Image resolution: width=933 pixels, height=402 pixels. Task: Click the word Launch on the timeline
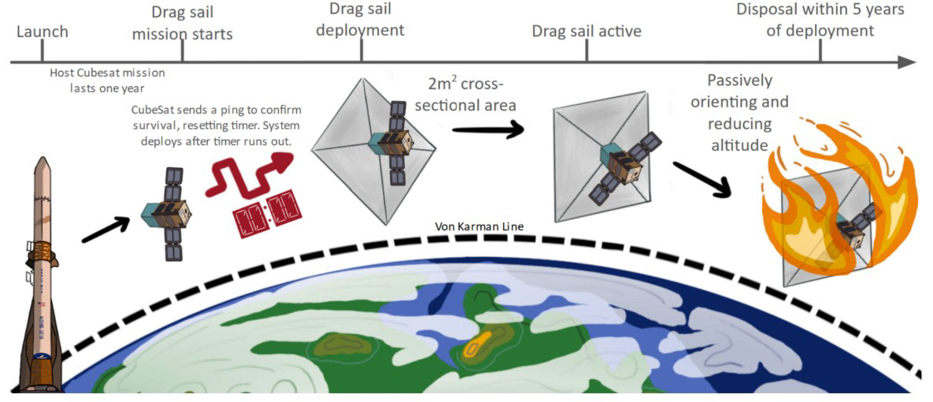tap(43, 32)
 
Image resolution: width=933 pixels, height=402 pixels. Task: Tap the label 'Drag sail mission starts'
tap(183, 23)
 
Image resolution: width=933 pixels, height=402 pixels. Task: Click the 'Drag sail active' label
tap(587, 32)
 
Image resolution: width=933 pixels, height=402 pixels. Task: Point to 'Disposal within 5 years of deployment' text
tap(820, 20)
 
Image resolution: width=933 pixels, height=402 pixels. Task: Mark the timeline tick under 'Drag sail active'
tap(587, 52)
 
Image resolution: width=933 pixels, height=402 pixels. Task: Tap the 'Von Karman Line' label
tap(479, 226)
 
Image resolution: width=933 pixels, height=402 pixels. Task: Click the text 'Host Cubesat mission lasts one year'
tap(108, 80)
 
